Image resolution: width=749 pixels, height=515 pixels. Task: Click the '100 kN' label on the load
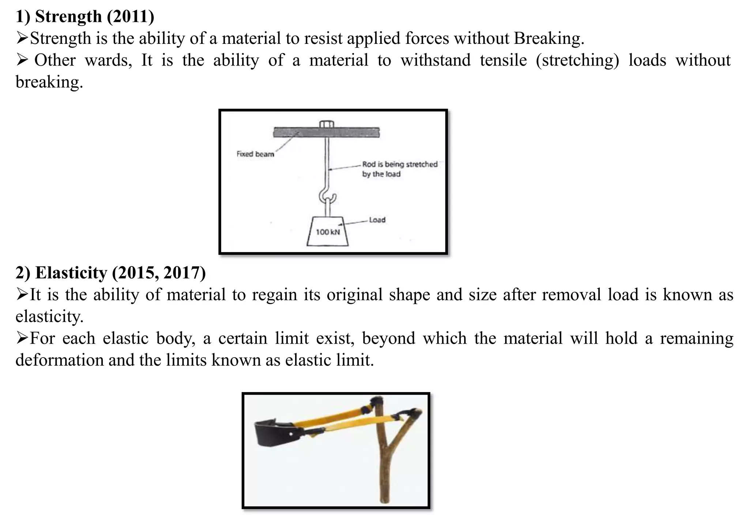point(328,232)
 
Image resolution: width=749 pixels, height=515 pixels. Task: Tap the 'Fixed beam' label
point(255,154)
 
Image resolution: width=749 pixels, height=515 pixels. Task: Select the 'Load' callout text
point(377,220)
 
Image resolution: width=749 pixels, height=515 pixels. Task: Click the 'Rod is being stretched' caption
point(400,164)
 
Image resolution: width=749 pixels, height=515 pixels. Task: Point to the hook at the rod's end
point(327,196)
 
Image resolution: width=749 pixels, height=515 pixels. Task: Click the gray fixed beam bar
point(326,132)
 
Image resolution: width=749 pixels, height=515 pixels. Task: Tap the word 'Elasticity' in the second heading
point(71,273)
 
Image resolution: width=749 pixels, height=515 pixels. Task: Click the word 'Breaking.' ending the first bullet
point(549,38)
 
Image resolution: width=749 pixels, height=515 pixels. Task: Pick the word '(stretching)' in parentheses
point(577,60)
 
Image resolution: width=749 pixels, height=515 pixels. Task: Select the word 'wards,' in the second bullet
point(108,60)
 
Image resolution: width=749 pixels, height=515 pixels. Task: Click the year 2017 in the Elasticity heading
point(184,273)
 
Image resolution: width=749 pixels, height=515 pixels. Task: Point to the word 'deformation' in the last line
point(59,360)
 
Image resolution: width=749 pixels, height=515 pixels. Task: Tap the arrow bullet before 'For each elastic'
point(22,339)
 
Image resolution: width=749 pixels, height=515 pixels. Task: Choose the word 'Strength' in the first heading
point(68,17)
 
